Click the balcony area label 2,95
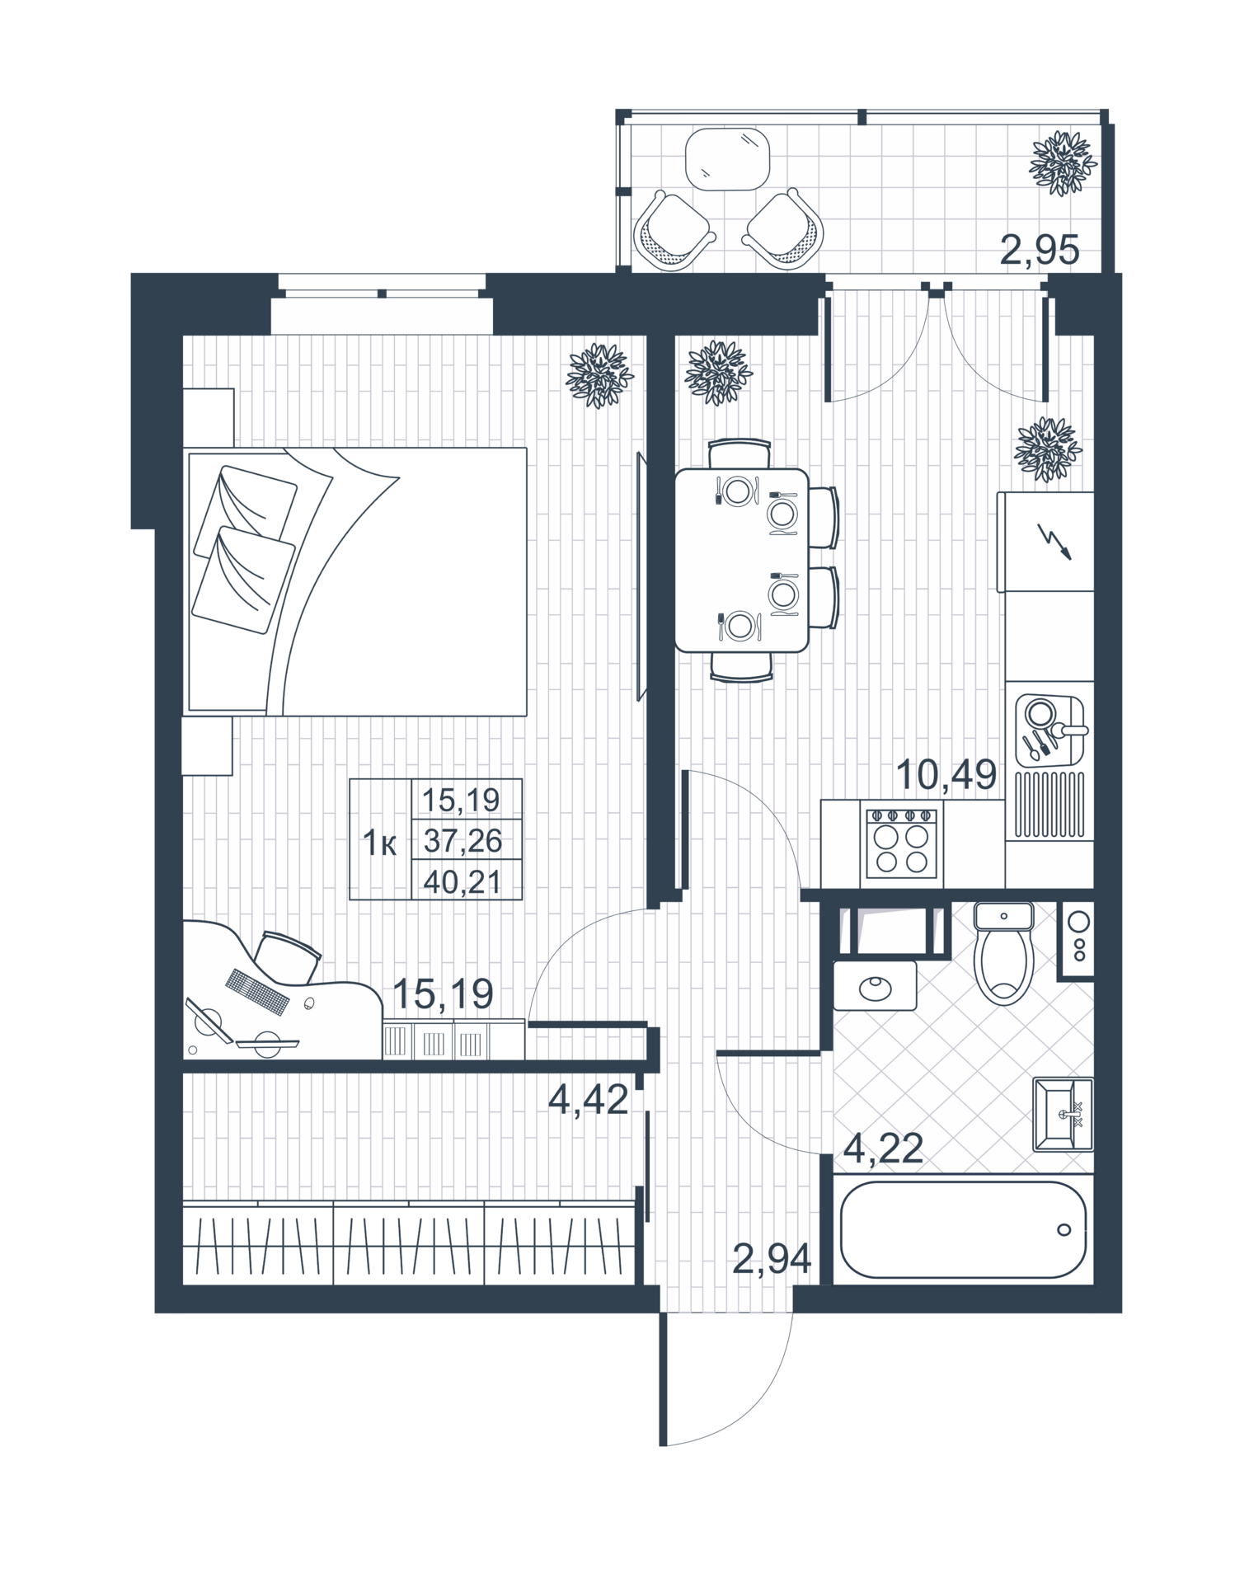tap(1039, 250)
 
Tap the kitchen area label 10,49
tap(946, 775)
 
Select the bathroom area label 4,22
tap(882, 1148)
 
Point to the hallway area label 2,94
tap(772, 1259)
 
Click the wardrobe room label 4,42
tap(589, 1099)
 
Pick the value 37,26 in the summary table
tap(462, 841)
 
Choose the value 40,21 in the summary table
tap(462, 882)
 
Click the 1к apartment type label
tap(380, 843)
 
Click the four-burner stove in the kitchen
tap(901, 843)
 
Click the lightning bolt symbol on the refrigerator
tap(1054, 541)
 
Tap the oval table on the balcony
tap(727, 159)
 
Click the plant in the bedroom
tap(599, 376)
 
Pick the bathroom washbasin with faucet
tap(1063, 1115)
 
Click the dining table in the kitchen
tap(741, 560)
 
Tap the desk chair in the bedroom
tap(286, 956)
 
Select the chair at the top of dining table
tap(740, 453)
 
